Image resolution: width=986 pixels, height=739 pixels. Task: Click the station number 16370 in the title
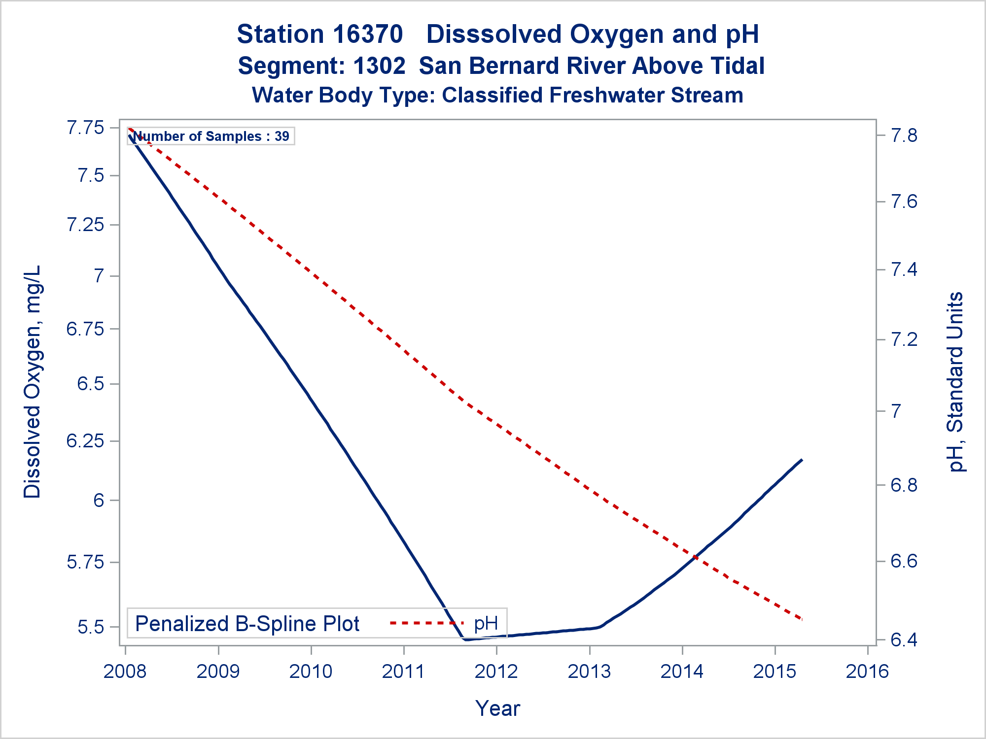[x=368, y=34]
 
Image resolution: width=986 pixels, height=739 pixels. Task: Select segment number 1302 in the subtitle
[x=379, y=66]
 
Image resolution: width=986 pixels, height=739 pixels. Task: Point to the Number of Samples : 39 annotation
[x=211, y=136]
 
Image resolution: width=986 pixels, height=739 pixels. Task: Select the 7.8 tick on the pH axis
[x=904, y=135]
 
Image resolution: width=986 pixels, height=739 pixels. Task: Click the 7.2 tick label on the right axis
[x=904, y=340]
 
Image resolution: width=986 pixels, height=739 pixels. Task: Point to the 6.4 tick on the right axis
[x=904, y=640]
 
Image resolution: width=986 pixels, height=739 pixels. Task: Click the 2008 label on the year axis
[x=125, y=672]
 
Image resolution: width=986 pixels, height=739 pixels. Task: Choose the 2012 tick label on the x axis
[x=496, y=672]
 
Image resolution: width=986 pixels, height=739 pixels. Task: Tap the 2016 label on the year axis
[x=867, y=672]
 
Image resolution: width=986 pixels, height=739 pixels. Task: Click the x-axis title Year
[x=497, y=708]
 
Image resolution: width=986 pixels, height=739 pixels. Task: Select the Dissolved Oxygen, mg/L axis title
[x=33, y=382]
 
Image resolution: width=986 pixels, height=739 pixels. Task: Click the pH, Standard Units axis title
[x=956, y=382]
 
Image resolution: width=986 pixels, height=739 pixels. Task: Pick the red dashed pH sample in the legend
[x=425, y=623]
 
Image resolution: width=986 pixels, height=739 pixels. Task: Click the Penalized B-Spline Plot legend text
[x=247, y=624]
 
